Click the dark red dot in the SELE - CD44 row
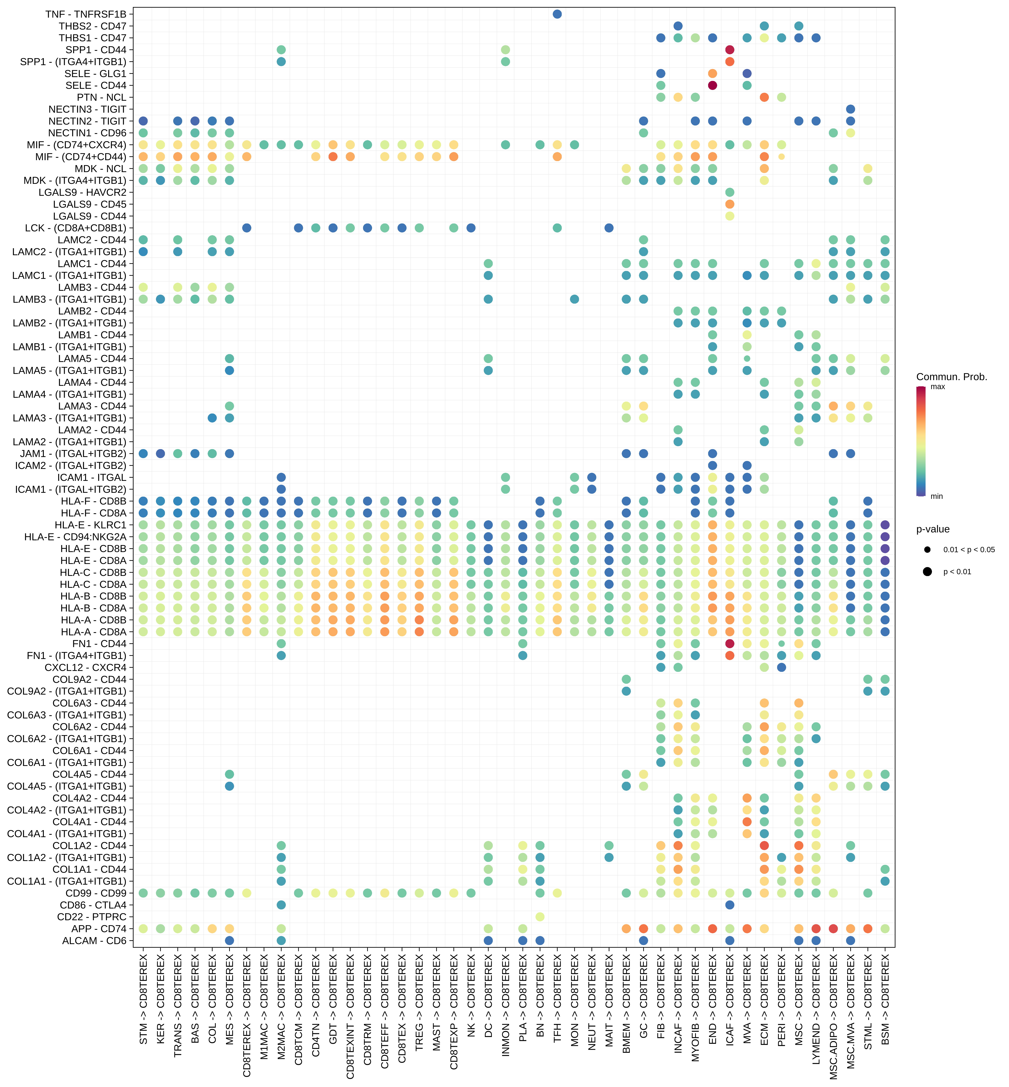coord(712,85)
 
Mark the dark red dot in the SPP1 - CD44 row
coord(729,50)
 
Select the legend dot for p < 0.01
coord(927,572)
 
